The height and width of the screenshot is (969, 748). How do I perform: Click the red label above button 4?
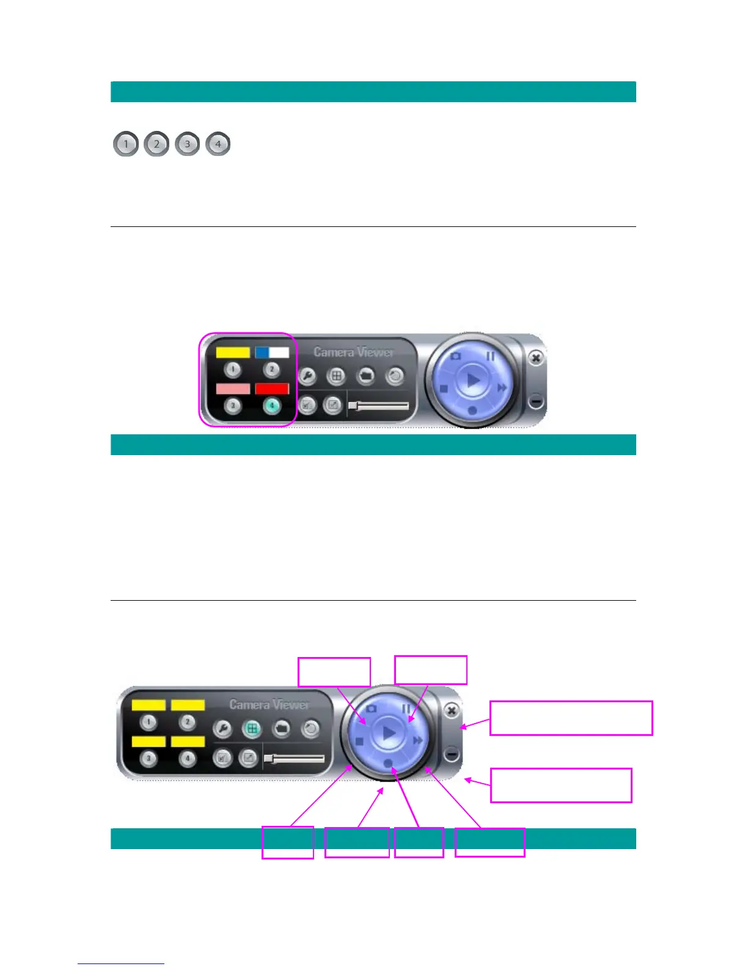tap(272, 388)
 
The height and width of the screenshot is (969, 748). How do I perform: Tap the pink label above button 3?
tap(233, 388)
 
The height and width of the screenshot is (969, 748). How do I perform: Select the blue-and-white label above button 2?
tap(272, 352)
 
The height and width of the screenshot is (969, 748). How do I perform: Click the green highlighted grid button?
tap(251, 728)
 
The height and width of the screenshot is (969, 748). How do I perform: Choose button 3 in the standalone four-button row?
tap(187, 144)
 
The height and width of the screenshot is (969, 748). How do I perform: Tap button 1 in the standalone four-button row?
tap(126, 144)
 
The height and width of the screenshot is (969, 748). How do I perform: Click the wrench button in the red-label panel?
tap(307, 376)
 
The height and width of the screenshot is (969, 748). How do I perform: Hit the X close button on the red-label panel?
tap(535, 358)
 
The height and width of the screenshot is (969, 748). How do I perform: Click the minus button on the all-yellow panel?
tap(451, 754)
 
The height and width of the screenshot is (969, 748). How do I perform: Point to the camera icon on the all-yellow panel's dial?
tap(371, 708)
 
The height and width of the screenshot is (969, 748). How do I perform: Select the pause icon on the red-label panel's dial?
tap(491, 355)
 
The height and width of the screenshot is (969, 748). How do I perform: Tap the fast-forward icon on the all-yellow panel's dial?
tap(418, 741)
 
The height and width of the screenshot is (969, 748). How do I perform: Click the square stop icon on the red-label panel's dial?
tap(444, 388)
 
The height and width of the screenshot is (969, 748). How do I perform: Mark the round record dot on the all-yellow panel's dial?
tap(388, 763)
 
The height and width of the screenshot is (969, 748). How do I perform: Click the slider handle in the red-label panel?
tap(353, 405)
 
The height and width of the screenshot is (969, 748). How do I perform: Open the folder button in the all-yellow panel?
tap(281, 728)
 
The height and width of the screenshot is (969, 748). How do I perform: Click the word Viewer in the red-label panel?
tap(376, 352)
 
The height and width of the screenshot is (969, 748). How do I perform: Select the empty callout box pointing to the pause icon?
tap(431, 670)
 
